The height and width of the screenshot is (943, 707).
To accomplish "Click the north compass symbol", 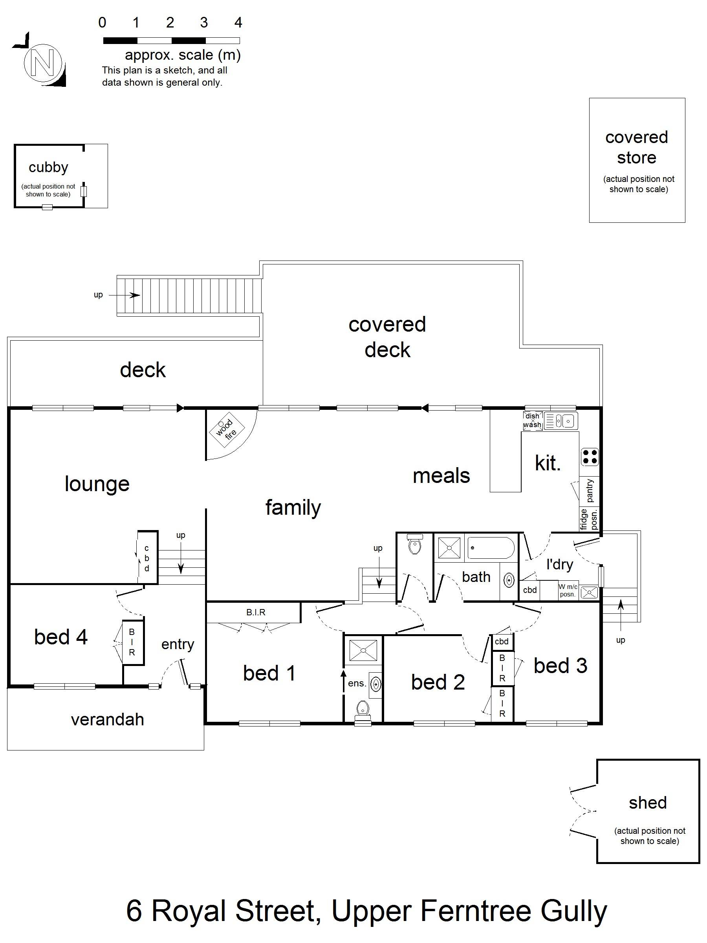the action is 42,62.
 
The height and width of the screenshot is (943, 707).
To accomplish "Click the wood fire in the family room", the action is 227,429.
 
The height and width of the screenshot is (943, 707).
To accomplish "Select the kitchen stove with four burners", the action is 590,457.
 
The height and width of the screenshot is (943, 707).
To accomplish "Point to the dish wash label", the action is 532,420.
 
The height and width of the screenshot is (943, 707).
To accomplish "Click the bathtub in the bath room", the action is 491,548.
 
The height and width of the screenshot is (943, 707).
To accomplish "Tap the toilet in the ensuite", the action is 363,708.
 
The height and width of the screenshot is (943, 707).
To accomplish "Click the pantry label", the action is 590,491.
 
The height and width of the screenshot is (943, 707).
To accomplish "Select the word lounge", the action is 97,484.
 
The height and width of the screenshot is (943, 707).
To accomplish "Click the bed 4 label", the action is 61,637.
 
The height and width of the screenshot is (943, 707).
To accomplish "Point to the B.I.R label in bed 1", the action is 256,612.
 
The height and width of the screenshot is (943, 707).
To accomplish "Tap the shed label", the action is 648,803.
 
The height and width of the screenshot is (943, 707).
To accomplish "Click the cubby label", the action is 48,167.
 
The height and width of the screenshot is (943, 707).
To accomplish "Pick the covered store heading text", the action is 637,147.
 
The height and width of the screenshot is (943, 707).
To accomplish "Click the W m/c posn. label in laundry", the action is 568,591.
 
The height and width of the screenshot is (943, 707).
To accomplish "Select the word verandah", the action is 107,719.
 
